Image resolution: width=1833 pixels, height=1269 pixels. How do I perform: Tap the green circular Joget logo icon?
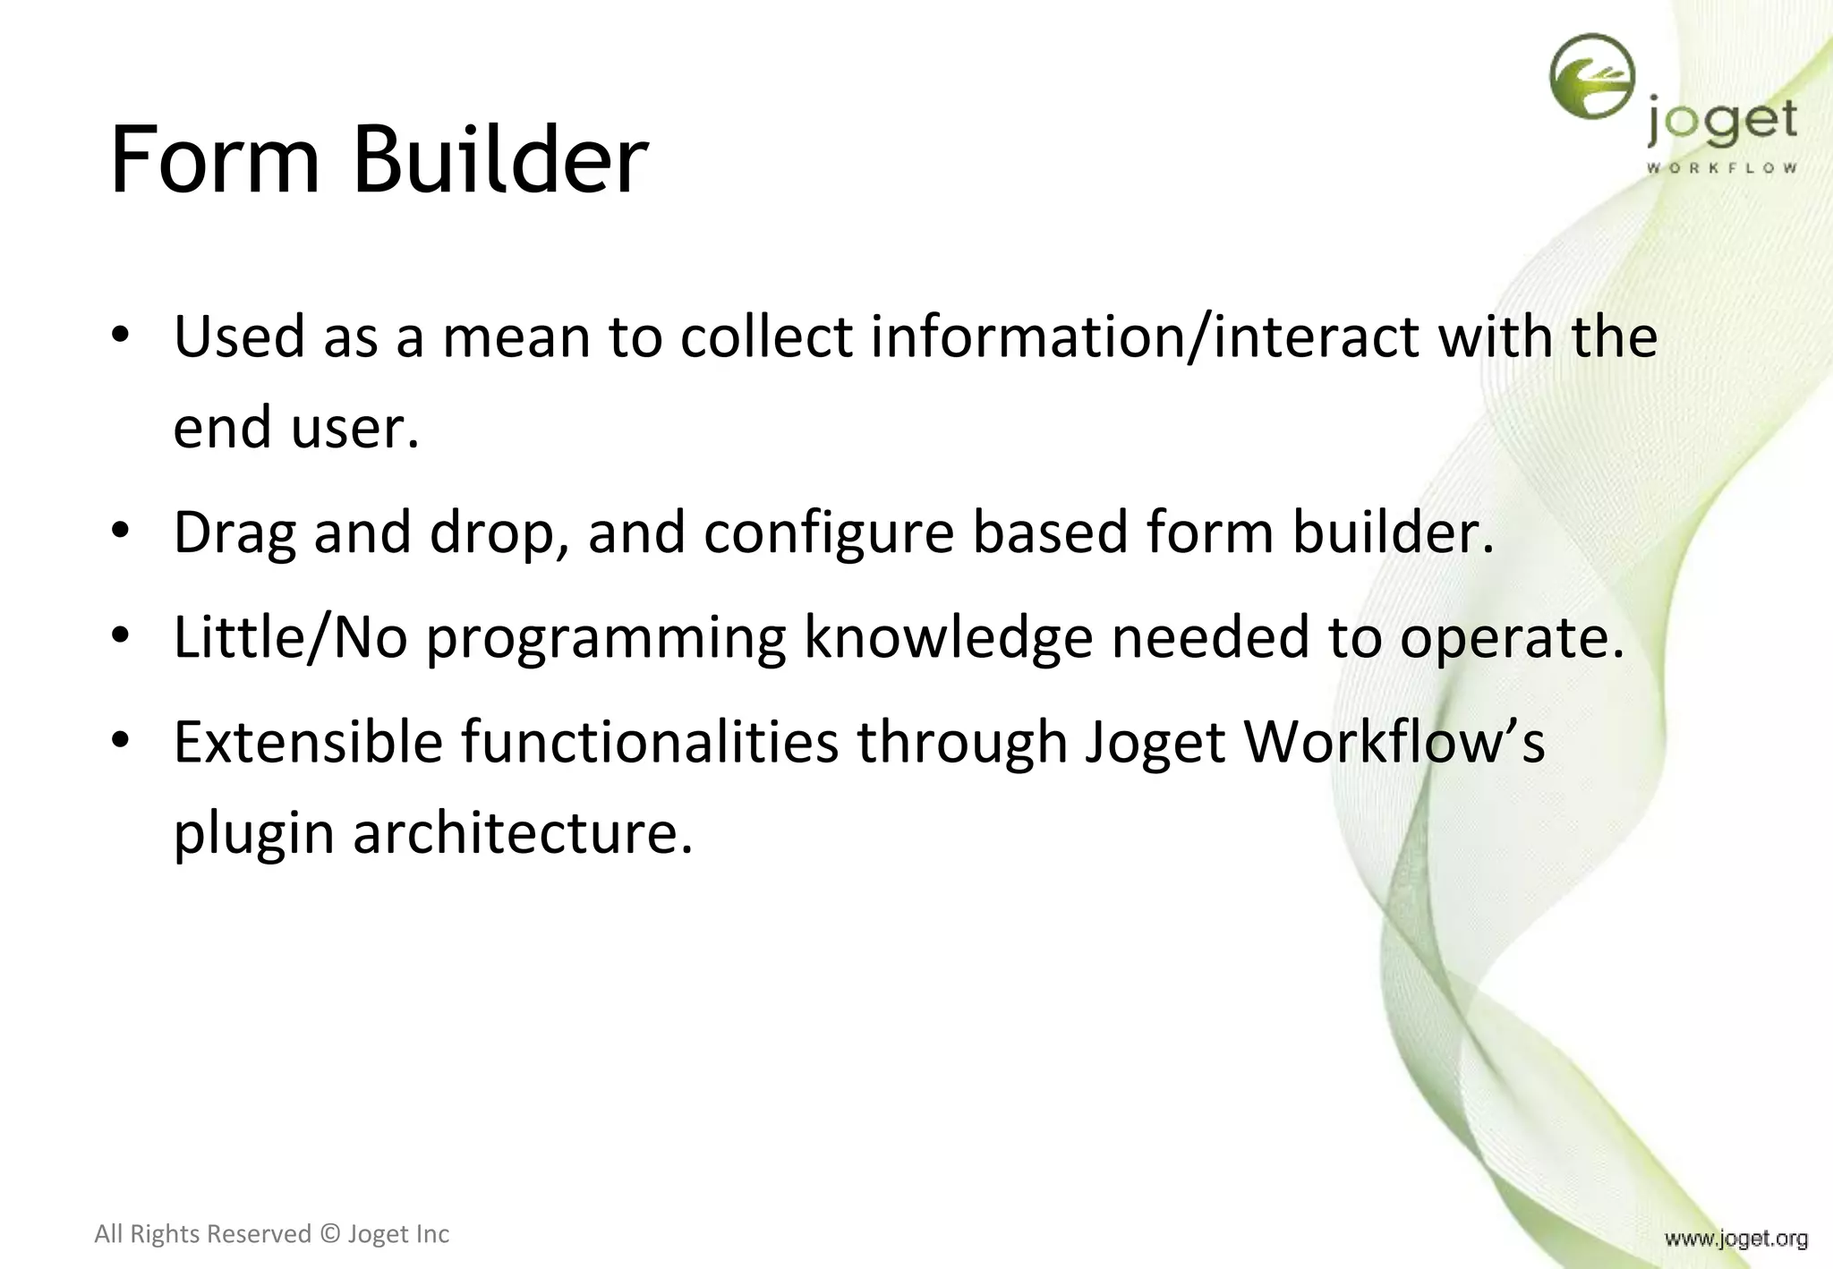click(x=1592, y=76)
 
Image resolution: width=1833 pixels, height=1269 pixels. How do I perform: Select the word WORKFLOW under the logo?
click(x=1721, y=167)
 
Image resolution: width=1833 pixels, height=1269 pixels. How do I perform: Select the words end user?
click(x=295, y=428)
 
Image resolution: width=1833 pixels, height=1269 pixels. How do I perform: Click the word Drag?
click(x=234, y=532)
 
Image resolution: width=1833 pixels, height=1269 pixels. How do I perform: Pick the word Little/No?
click(x=290, y=637)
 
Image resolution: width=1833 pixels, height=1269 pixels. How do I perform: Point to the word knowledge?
click(x=948, y=639)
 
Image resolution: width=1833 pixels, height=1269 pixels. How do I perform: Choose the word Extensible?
click(x=308, y=742)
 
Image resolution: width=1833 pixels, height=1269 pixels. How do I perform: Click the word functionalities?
click(x=650, y=742)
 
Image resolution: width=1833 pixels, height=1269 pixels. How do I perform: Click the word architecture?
click(x=523, y=833)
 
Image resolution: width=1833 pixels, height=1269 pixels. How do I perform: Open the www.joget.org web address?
click(x=1735, y=1239)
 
